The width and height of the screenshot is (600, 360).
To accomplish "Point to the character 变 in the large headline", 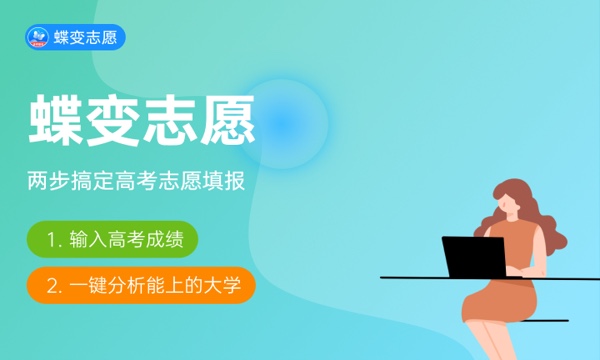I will (x=115, y=121).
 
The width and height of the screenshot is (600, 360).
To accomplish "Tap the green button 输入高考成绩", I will (x=112, y=240).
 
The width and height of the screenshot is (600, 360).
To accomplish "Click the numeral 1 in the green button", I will (x=52, y=240).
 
